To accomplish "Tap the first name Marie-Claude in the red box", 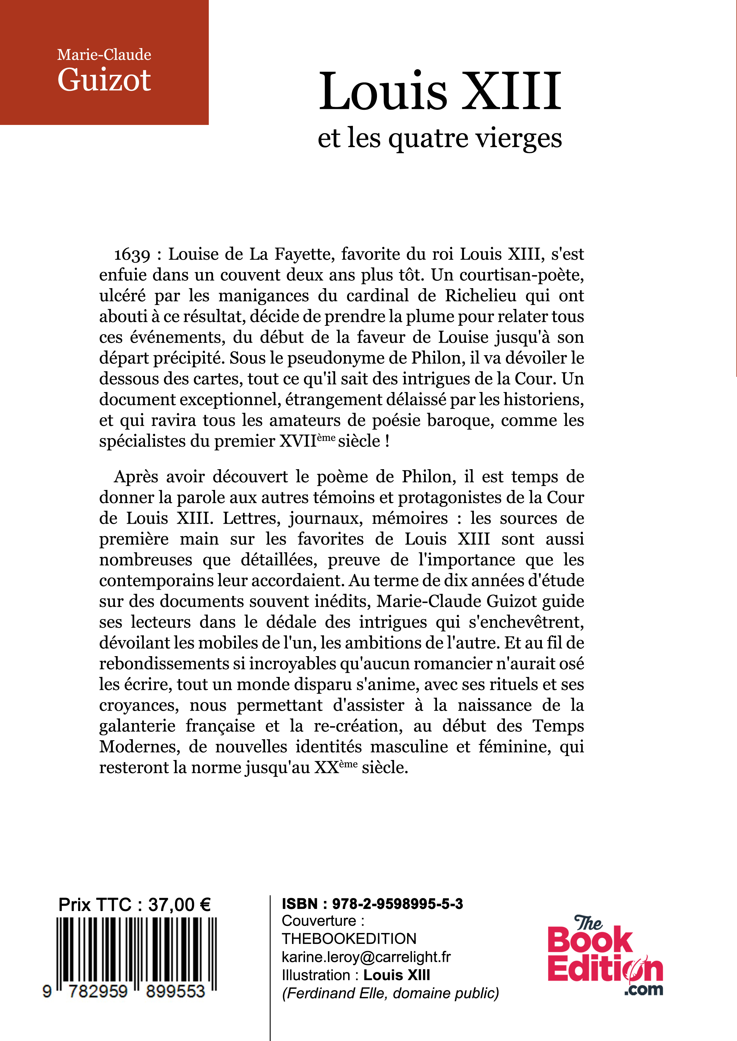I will pos(104,55).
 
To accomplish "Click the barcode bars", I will pos(136,950).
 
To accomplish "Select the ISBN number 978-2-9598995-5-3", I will pos(397,904).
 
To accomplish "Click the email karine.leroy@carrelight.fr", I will pos(366,957).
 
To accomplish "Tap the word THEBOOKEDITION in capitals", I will pos(348,939).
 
